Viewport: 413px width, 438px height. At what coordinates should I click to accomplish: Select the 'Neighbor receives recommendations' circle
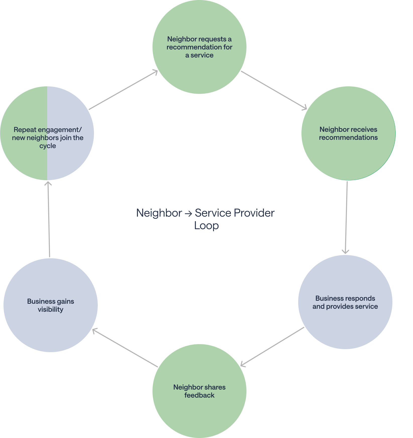[x=348, y=156]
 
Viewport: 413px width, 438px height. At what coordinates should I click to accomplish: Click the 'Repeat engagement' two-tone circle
[x=47, y=161]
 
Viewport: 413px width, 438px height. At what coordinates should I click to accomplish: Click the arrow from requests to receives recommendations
[x=274, y=90]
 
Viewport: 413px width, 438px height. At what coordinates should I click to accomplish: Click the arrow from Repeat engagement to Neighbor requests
[x=123, y=90]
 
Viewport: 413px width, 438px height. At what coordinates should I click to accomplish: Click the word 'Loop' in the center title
[x=206, y=225]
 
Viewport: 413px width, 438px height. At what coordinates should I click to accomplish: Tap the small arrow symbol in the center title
[x=188, y=214]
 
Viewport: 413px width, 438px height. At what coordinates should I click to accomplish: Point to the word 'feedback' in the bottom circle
[x=199, y=395]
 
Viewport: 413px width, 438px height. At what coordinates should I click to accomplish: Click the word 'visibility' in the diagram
[x=50, y=309]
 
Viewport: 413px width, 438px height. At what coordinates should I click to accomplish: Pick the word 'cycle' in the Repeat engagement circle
[x=47, y=146]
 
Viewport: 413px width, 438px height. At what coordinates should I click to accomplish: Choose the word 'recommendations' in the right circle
[x=348, y=138]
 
